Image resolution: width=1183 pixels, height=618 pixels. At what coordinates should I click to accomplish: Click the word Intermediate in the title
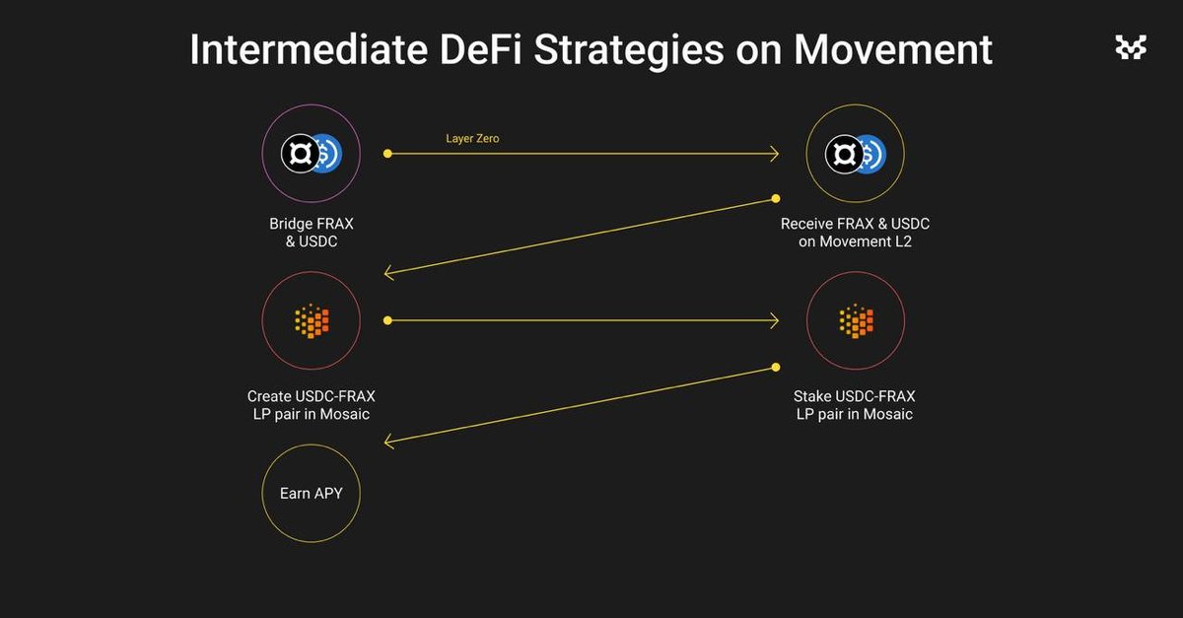click(309, 49)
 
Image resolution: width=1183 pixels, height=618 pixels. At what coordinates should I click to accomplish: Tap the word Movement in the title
click(893, 49)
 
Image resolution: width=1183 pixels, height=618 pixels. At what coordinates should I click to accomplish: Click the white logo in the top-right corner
click(1131, 47)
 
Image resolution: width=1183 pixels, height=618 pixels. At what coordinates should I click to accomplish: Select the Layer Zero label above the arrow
click(472, 138)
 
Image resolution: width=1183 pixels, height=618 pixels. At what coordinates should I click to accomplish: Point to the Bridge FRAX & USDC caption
click(312, 233)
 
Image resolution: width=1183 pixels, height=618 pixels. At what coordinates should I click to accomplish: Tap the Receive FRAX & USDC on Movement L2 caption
click(855, 233)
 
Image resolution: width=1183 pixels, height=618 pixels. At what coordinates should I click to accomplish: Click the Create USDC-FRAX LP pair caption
click(312, 405)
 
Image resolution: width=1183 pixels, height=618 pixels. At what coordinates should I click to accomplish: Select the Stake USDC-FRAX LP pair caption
click(855, 405)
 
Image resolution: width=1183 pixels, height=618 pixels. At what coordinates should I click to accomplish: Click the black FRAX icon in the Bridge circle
click(300, 154)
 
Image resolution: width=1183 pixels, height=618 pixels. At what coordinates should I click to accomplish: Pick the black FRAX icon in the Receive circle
click(844, 154)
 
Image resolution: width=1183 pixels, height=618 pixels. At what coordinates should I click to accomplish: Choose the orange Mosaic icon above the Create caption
click(312, 320)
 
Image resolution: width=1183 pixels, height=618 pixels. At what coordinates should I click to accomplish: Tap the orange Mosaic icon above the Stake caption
click(856, 320)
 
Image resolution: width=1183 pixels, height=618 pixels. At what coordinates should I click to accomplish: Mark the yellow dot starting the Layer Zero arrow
click(387, 154)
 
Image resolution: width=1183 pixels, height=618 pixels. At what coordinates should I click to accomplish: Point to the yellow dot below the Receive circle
click(775, 198)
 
